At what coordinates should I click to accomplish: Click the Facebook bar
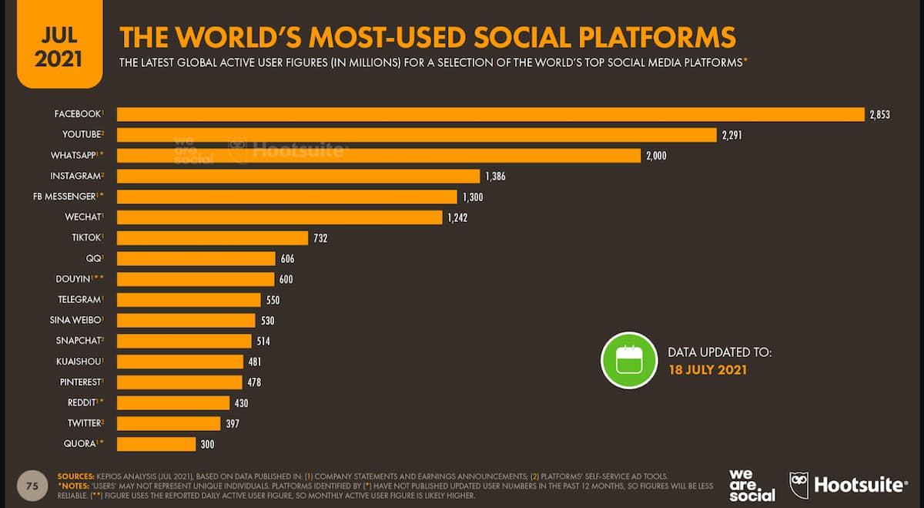(x=490, y=114)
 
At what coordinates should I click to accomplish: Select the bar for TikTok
(x=213, y=237)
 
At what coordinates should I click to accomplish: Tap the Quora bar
(x=156, y=443)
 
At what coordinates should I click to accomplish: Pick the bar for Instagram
(x=298, y=176)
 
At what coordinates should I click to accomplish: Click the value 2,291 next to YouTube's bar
(x=731, y=135)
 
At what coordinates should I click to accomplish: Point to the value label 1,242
(x=457, y=217)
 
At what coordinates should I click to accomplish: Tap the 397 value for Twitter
(x=233, y=423)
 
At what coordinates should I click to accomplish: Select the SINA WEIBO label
(x=75, y=320)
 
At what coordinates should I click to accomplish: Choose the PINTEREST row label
(x=79, y=382)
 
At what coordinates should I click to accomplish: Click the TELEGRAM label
(x=79, y=299)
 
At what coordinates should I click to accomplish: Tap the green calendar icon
(x=628, y=360)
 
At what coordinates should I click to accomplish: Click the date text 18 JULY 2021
(x=707, y=370)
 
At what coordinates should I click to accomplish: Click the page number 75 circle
(x=32, y=486)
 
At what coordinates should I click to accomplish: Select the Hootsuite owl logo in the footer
(x=798, y=485)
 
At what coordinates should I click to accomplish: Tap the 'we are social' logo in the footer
(x=752, y=485)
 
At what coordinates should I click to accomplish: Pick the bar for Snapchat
(x=184, y=341)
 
